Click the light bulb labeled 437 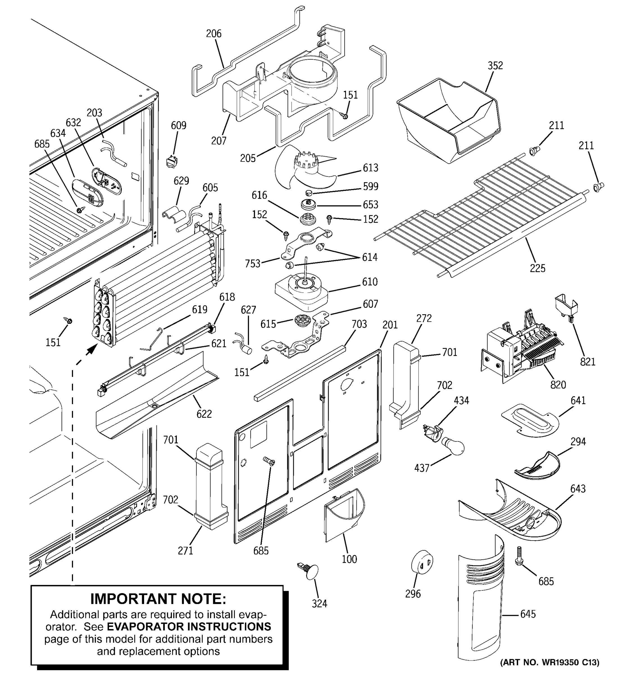click(x=452, y=445)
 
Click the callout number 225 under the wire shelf click(x=537, y=268)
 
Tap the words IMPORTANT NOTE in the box click(x=158, y=599)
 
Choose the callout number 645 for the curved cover click(x=528, y=614)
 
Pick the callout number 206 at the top click(x=213, y=34)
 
